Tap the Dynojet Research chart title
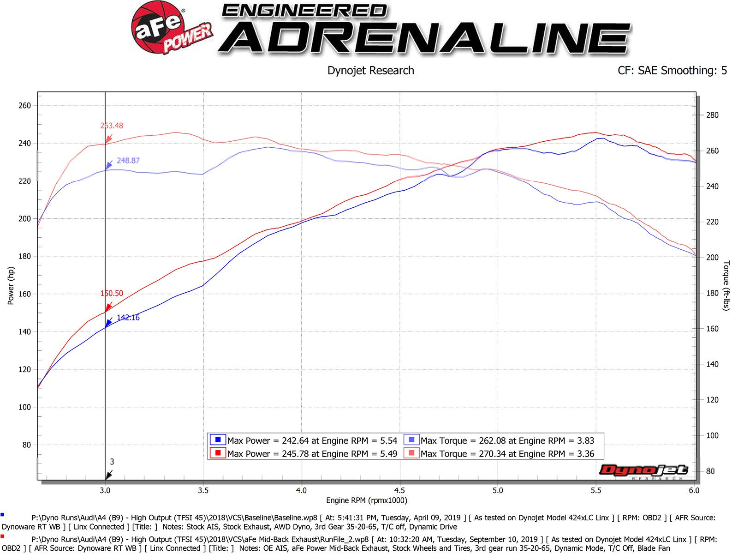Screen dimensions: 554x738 370,71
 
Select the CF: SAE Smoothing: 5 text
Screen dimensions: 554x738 672,71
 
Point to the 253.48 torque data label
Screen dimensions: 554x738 112,126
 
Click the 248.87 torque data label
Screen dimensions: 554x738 128,161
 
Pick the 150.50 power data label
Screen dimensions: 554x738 112,293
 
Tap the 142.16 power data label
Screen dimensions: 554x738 128,318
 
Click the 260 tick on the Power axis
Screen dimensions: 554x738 24,106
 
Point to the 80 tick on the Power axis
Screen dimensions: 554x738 26,445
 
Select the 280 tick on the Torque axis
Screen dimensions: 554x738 712,115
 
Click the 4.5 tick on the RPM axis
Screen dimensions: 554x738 399,490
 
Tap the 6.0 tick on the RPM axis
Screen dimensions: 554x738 694,490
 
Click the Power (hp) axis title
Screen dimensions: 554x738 11,286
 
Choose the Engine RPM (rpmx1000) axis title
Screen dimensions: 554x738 367,500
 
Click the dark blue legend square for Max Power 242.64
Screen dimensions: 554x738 218,440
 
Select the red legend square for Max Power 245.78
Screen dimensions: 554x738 218,453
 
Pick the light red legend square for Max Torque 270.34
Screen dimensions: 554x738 411,453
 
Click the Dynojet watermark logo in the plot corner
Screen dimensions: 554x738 643,471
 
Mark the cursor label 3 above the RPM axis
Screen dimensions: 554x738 112,462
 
